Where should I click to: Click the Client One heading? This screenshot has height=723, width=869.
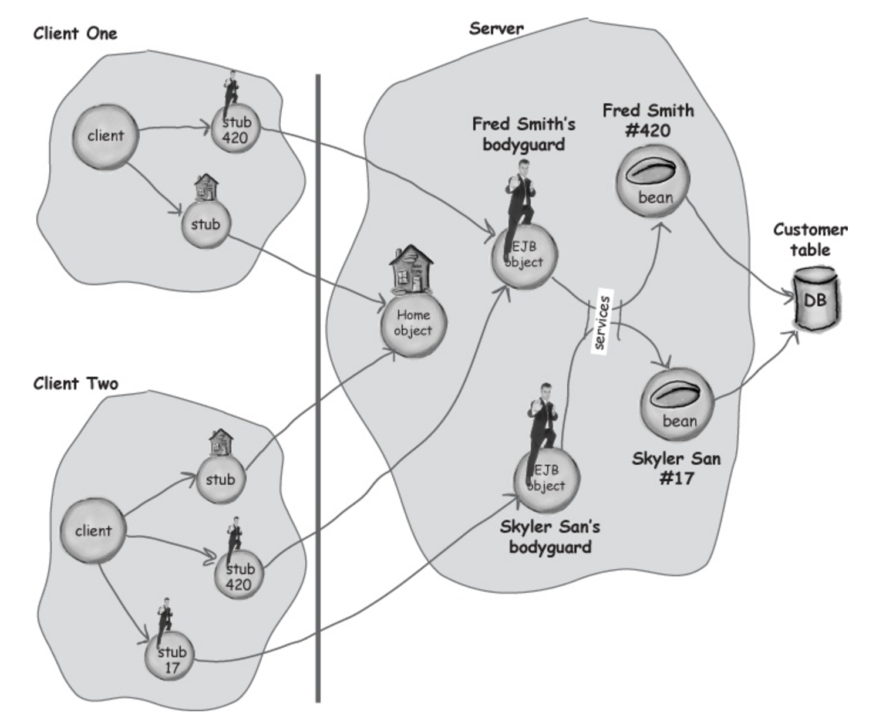75,33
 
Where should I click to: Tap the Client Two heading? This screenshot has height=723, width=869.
76,383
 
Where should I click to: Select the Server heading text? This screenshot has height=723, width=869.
496,28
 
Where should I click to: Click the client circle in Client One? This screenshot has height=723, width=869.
105,137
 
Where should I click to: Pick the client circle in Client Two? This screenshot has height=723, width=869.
93,531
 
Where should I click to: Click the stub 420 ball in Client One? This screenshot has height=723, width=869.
236,129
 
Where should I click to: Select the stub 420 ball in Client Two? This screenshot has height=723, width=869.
239,576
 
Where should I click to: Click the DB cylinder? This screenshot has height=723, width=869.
816,299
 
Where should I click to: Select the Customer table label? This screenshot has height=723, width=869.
810,239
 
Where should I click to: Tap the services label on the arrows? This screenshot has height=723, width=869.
602,322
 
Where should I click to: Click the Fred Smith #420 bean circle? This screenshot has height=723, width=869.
652,181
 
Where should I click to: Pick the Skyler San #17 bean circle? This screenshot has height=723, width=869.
677,404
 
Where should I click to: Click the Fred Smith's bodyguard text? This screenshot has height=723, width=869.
524,134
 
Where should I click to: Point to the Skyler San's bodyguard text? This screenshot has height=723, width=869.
550,536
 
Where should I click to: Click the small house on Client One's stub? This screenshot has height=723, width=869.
207,188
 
